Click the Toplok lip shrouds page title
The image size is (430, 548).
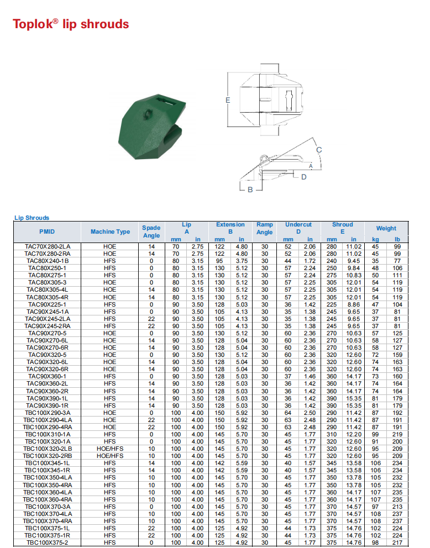71,24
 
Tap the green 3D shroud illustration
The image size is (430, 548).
152,126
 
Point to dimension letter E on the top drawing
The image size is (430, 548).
228,101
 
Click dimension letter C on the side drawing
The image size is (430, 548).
319,150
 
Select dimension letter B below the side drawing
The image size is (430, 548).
250,190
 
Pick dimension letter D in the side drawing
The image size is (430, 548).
303,177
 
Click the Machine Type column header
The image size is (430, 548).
110,231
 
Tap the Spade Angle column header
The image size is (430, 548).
151,231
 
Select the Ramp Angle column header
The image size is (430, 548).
265,229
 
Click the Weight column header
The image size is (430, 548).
386,228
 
